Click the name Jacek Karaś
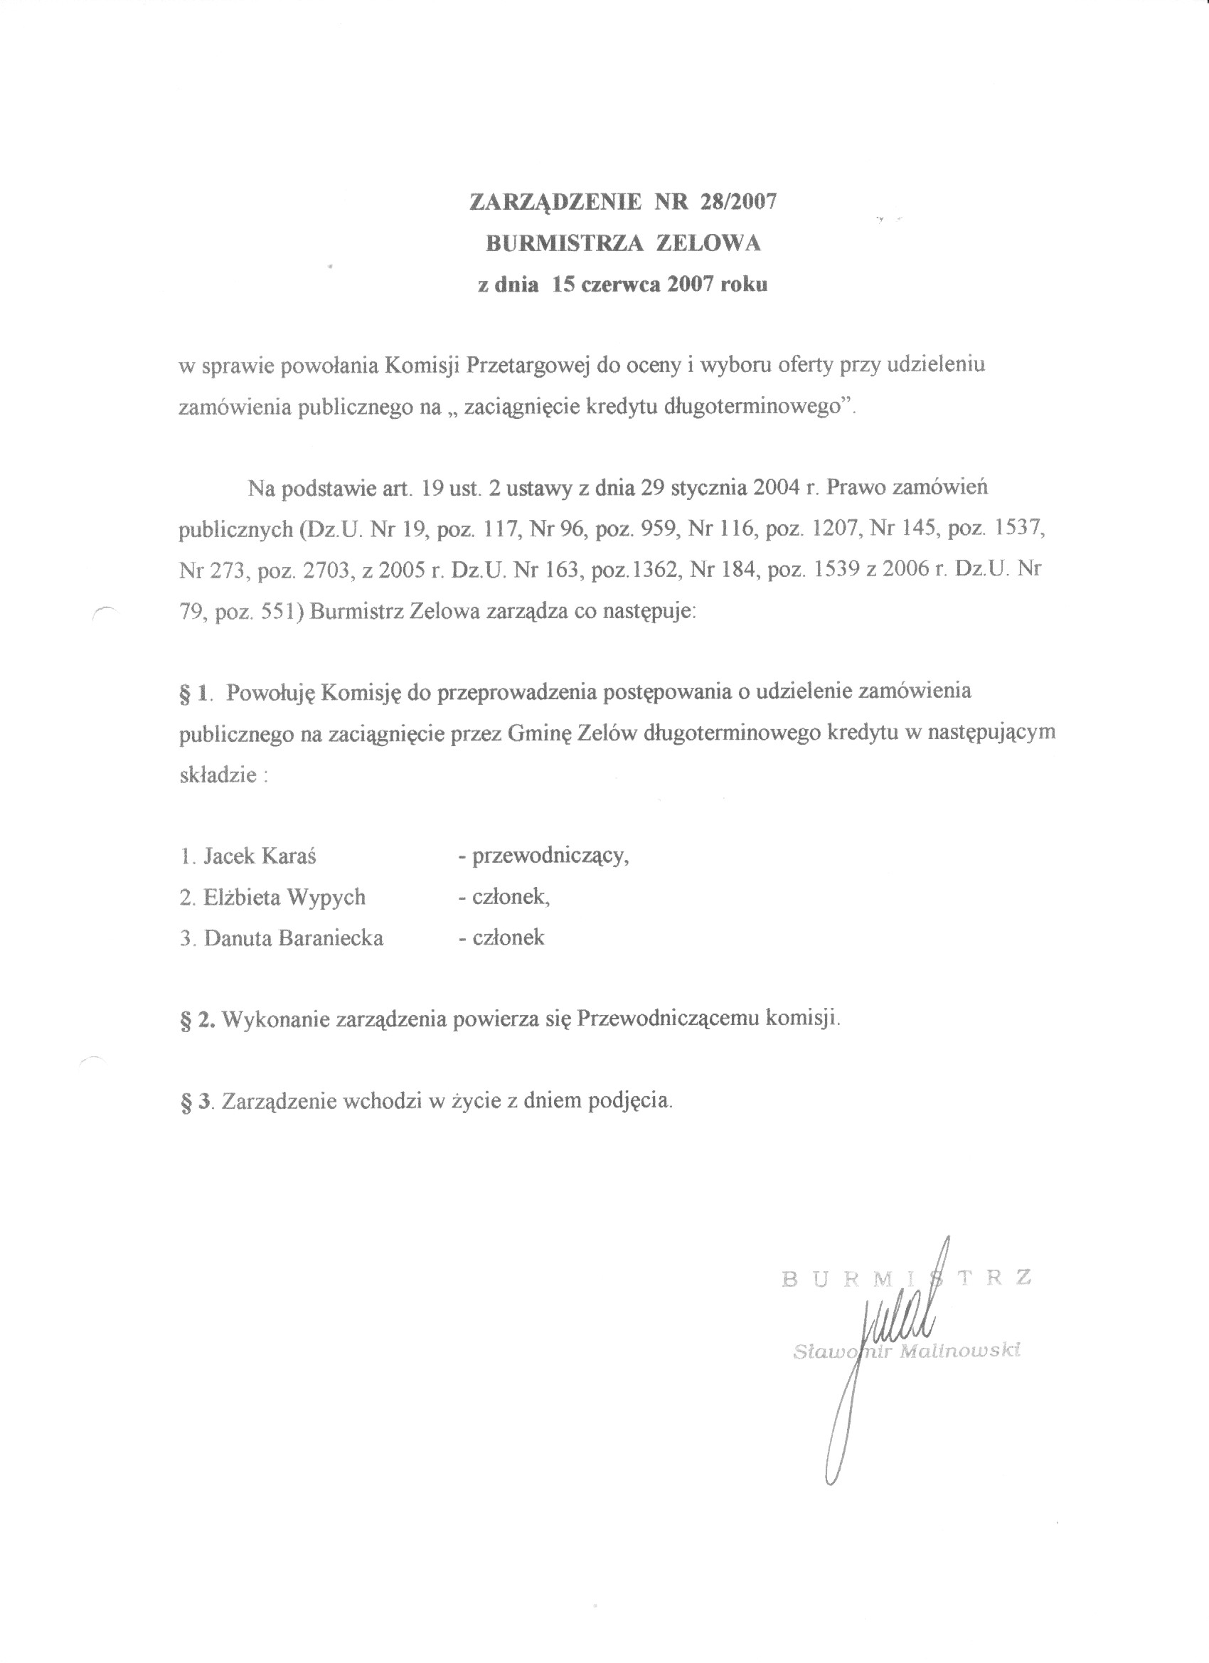pyautogui.click(x=260, y=856)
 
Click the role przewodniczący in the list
pyautogui.click(x=550, y=856)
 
